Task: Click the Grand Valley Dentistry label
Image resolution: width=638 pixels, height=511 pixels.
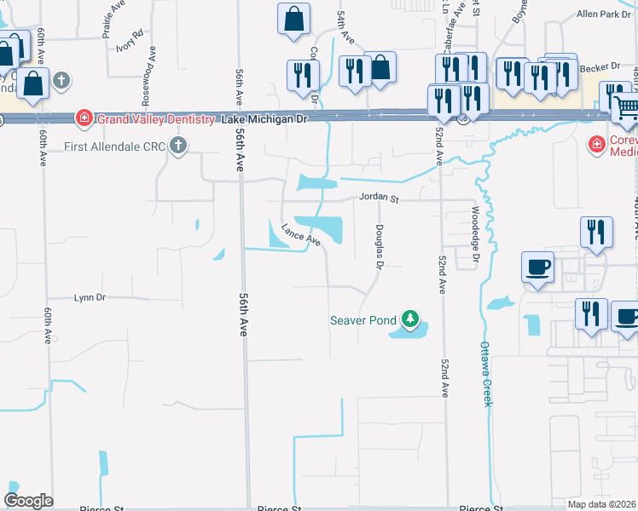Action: [154, 119]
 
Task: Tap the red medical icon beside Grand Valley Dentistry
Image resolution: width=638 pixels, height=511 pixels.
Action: [84, 118]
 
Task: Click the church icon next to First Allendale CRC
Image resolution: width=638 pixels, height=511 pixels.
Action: [177, 146]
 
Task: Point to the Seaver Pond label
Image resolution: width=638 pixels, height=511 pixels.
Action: [363, 320]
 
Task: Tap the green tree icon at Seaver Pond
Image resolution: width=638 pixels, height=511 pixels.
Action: [411, 320]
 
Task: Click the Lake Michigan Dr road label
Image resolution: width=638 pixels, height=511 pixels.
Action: [264, 119]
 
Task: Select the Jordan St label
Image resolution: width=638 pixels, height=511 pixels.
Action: [379, 198]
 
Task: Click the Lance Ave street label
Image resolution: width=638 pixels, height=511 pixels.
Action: [300, 234]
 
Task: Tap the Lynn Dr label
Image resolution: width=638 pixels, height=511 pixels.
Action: [90, 297]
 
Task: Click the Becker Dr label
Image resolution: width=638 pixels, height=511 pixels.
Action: [602, 66]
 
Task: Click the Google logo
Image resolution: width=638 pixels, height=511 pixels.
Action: [28, 501]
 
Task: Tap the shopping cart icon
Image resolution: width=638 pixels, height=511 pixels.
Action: [625, 106]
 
